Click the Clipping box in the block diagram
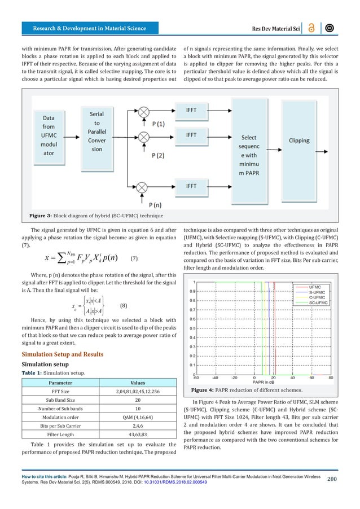[x=303, y=141]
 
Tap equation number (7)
[x=134, y=257]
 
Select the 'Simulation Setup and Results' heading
[x=62, y=354]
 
